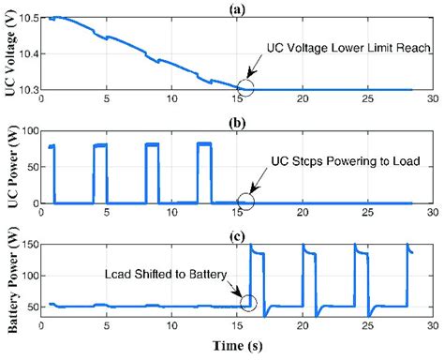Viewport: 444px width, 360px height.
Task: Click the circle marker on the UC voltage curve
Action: coord(245,89)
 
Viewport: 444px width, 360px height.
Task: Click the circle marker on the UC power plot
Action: coord(245,201)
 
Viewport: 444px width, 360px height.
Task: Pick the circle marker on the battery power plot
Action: coord(248,302)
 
